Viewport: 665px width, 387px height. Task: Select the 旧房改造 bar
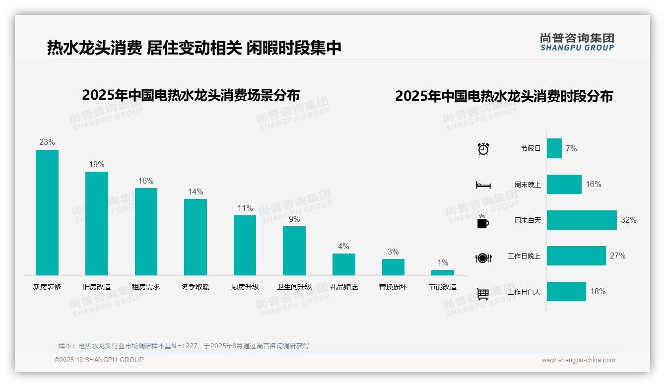(96, 223)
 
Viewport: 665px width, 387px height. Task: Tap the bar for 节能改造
(442, 272)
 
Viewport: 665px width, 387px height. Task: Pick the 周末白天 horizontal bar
(582, 220)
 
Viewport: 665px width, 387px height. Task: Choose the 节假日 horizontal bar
(554, 148)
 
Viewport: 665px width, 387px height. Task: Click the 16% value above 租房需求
(146, 181)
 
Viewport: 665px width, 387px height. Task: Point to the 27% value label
(618, 256)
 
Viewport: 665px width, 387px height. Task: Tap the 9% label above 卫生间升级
(294, 219)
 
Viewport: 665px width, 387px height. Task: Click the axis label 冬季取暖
(196, 287)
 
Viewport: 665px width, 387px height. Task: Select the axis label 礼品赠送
(344, 287)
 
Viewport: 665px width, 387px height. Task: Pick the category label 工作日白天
(524, 292)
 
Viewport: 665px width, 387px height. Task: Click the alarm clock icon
(483, 149)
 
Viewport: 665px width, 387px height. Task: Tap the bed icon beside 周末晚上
(483, 185)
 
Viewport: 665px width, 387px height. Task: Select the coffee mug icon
(483, 221)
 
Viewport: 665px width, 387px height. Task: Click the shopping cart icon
(483, 294)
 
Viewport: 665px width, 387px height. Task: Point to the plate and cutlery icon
(483, 258)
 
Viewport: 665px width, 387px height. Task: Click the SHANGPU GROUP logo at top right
(577, 42)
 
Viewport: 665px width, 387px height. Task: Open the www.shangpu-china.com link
(578, 360)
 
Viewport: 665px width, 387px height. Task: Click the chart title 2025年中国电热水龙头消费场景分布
(191, 95)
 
